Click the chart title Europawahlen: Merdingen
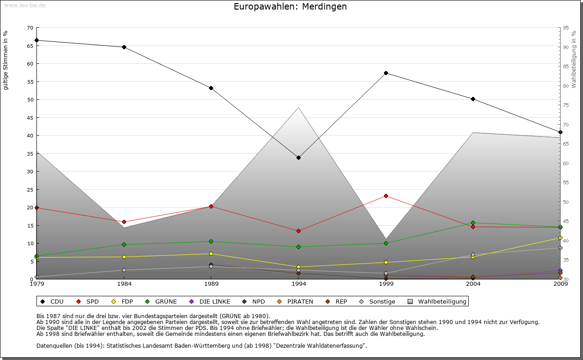pos(290,6)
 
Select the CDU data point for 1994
pos(298,158)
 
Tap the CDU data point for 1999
pos(386,73)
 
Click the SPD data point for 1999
pos(386,196)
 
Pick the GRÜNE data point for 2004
pos(473,223)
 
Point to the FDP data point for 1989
pos(211,254)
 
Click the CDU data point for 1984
pos(124,47)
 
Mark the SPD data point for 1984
pos(124,222)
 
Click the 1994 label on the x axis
pos(299,284)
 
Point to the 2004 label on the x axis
pos(473,284)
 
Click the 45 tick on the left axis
pos(30,117)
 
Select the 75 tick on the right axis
pos(566,105)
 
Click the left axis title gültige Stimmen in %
pos(6,60)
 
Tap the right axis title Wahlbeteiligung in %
pos(574,60)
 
